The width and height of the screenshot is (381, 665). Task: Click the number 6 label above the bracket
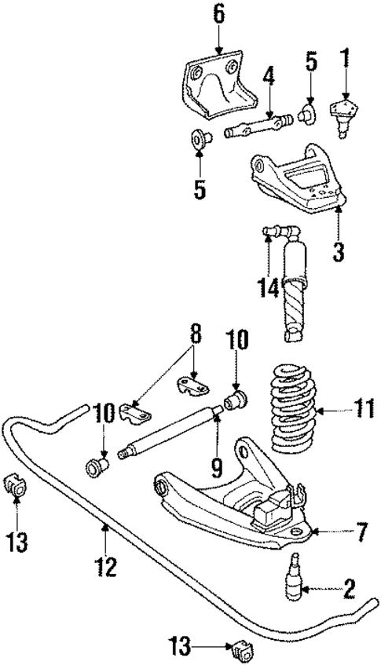pos(218,13)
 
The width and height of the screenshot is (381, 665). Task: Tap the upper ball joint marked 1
pos(343,111)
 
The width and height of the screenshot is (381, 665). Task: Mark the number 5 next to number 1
pos(311,60)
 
